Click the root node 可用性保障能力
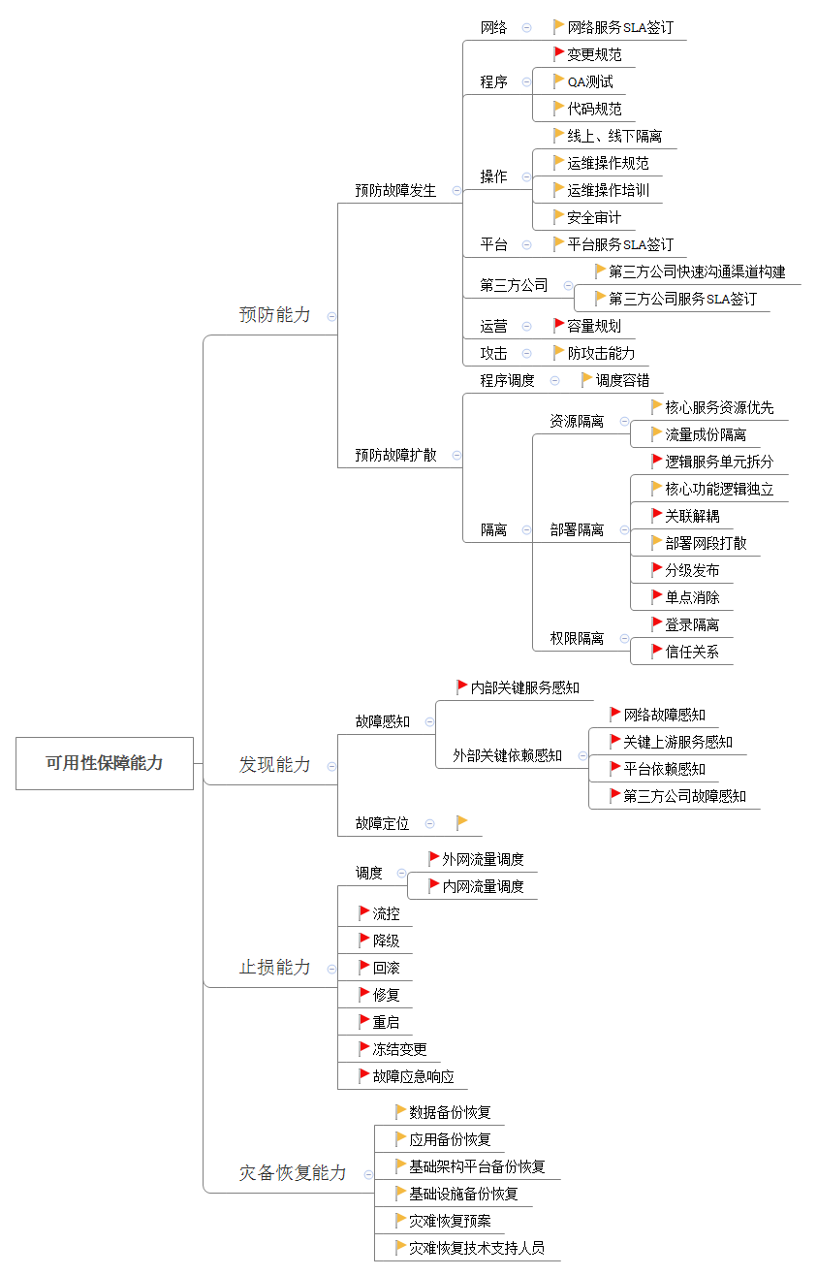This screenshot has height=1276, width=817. [105, 763]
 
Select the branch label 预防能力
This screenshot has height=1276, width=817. [275, 315]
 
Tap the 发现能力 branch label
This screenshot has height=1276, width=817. [275, 765]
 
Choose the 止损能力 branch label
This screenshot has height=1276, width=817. [275, 968]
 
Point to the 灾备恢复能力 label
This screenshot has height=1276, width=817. [293, 1173]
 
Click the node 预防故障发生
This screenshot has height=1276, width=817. [395, 191]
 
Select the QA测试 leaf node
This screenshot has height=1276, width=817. [590, 82]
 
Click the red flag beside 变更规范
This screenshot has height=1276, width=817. [559, 54]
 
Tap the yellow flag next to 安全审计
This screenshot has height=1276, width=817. [559, 217]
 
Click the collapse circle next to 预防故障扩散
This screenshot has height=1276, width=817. [456, 455]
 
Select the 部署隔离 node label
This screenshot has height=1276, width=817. [577, 530]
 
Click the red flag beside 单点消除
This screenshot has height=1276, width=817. [657, 597]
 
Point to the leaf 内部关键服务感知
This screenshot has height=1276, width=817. [525, 688]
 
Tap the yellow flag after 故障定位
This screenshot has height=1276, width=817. [462, 823]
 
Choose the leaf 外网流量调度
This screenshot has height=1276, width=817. [484, 859]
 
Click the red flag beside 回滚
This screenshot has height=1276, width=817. [364, 967]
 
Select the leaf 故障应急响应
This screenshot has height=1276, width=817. [414, 1076]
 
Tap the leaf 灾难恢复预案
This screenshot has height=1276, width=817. [451, 1221]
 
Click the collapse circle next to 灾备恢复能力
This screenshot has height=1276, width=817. [368, 1174]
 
